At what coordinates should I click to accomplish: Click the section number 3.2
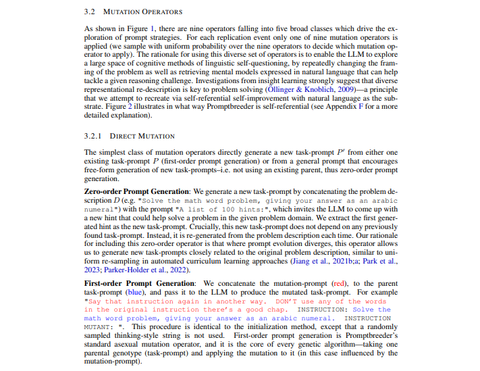pos(90,12)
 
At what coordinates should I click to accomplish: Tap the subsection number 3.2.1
pos(93,135)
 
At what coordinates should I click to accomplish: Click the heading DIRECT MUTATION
pos(142,135)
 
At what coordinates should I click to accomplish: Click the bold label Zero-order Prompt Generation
pos(138,192)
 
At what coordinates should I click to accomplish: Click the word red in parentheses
pos(319,283)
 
